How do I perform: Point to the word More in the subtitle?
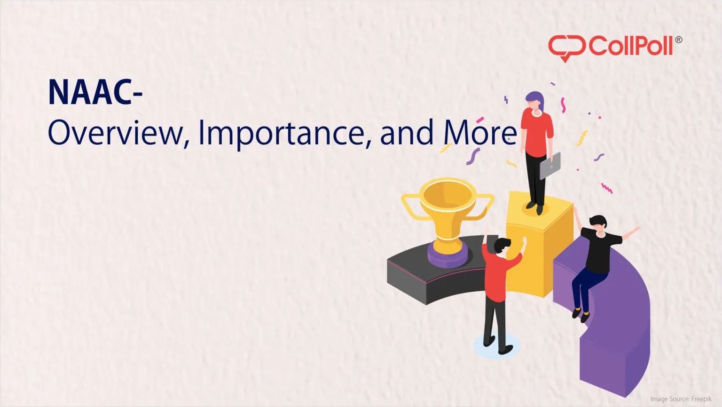coord(479,133)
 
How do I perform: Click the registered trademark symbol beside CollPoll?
coord(678,40)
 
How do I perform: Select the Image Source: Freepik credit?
coord(681,399)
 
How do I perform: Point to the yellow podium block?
coord(541,245)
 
